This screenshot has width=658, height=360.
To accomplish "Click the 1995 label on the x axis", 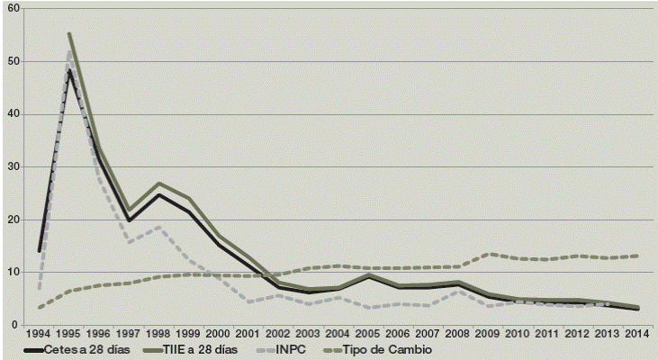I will click(69, 334).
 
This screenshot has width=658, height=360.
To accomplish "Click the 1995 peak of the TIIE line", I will click(69, 34).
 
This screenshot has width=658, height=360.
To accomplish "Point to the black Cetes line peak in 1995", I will click(69, 69).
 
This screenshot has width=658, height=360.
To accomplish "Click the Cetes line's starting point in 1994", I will click(41, 250).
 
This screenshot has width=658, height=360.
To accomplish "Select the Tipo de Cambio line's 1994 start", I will click(41, 308).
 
